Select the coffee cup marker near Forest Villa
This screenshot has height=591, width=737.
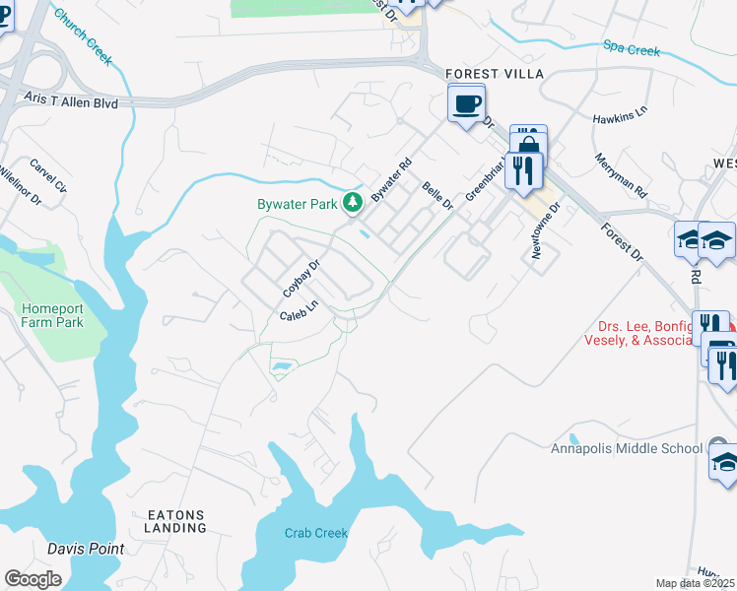coord(466,102)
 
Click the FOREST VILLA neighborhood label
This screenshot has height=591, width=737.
coord(489,72)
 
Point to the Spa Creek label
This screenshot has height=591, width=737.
coord(632,48)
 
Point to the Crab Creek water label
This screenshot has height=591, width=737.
coord(316,534)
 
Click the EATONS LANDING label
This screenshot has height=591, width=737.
coord(177,521)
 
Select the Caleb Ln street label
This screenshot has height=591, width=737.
coord(300,311)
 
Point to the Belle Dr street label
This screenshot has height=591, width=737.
coord(436,195)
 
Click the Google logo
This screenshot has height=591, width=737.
coord(33,579)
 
